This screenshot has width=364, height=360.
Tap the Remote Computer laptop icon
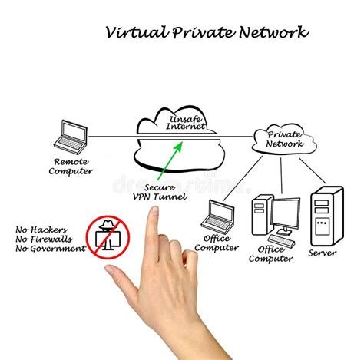click(69, 135)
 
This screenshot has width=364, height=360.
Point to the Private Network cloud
click(284, 138)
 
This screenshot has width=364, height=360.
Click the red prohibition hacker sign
click(107, 238)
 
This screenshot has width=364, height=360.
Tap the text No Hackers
click(40, 230)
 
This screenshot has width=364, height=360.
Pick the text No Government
click(50, 249)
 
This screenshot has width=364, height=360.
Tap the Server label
click(323, 253)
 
